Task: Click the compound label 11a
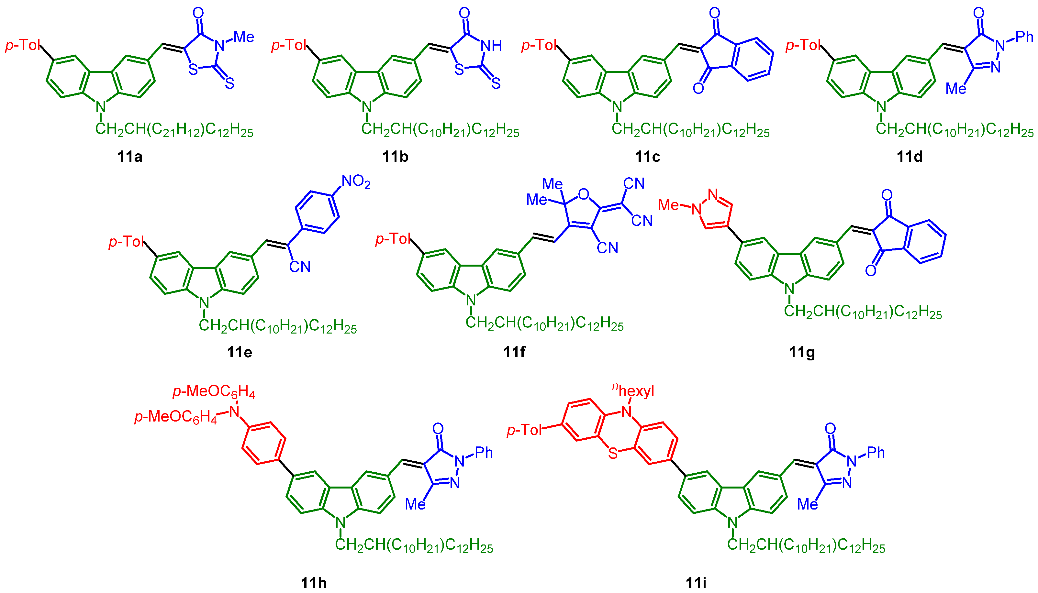[129, 156]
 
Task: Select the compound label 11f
[514, 351]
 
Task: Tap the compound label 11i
[696, 583]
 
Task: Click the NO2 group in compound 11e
[356, 181]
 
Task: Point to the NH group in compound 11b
[491, 46]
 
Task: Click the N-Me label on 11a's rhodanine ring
[244, 38]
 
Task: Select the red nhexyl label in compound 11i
[634, 390]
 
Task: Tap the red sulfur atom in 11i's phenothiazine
[613, 453]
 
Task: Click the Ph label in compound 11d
[1024, 37]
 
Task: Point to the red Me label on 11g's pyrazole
[668, 205]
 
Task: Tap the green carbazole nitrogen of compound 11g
[789, 289]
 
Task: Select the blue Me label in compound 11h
[415, 504]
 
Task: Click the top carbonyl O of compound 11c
[714, 13]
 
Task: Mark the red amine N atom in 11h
[234, 412]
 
